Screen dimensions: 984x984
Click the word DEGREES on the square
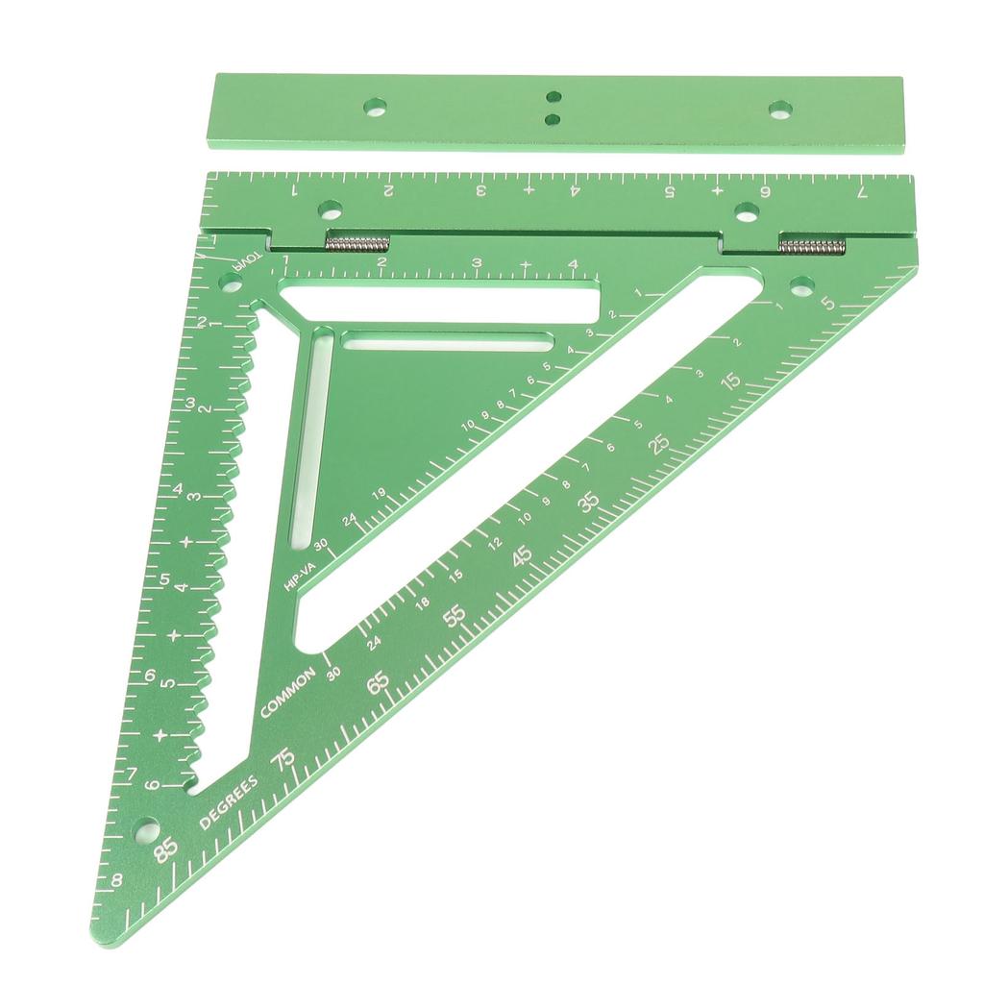click(229, 801)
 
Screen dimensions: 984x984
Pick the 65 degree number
click(379, 681)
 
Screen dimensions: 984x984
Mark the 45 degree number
click(523, 556)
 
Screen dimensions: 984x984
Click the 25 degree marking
click(658, 442)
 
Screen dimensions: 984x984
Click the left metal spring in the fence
click(357, 242)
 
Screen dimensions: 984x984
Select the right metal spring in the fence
click(812, 246)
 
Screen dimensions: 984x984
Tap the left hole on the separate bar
click(376, 106)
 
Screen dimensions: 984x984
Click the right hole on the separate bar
click(780, 108)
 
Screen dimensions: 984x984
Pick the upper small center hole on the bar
click(553, 97)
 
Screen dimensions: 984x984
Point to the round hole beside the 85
click(146, 828)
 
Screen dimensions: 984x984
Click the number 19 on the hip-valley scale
click(379, 494)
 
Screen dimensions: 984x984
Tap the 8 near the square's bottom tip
click(116, 879)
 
